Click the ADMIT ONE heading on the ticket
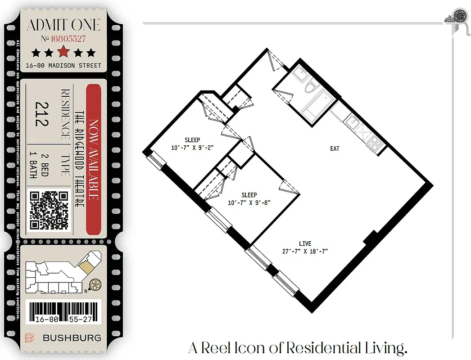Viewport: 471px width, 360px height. [63, 25]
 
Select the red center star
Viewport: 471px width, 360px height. [63, 52]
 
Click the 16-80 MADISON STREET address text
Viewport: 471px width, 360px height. [63, 66]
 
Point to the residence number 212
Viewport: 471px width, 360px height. [42, 113]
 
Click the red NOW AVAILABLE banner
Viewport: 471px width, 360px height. [93, 159]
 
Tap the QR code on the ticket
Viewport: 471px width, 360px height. [49, 210]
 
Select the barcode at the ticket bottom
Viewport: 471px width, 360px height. [63, 311]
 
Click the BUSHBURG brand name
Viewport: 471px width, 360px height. [72, 338]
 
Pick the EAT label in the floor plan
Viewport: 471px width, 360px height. [335, 148]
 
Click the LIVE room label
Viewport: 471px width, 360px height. [305, 243]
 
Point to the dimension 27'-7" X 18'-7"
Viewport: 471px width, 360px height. [305, 252]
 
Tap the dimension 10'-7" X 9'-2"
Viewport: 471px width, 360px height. [192, 147]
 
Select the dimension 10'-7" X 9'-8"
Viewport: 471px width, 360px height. [249, 202]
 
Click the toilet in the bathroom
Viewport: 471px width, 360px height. [310, 85]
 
